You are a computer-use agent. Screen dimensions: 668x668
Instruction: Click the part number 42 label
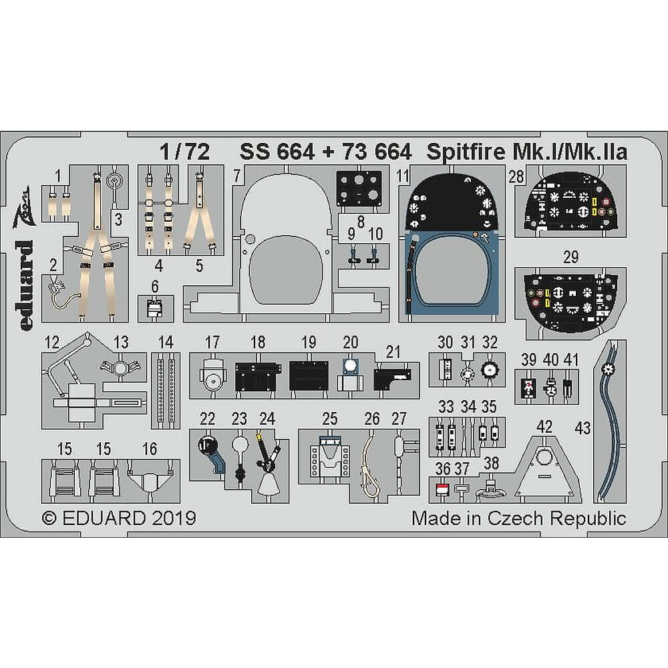pos(544,427)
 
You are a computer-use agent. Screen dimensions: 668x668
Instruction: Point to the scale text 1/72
pos(184,152)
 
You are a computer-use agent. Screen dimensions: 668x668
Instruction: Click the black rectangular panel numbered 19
pos(308,376)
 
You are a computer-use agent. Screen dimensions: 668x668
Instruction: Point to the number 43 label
pos(582,428)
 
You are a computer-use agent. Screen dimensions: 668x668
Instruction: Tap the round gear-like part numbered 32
pos(490,369)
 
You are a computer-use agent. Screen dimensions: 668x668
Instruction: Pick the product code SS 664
pos(277,152)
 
